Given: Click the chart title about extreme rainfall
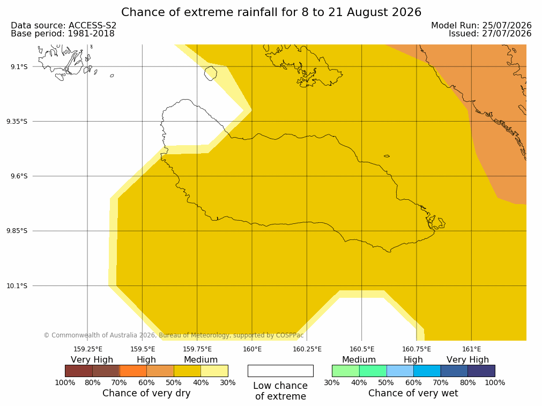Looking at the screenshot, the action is pos(271,12).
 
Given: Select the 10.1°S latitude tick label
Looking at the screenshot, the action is pos(17,286).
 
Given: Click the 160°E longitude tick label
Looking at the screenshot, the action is pos(252,349).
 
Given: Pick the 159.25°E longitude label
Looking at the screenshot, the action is pos(88,349).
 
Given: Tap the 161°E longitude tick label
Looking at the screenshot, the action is pos(471,349).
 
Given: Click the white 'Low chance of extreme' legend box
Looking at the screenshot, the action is pos(281,371).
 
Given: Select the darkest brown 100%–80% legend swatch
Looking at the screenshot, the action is pos(79,371).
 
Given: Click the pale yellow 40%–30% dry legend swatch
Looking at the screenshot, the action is pos(214,371).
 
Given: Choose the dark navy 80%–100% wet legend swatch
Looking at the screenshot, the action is pos(481,371).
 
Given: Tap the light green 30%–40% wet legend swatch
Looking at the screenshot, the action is pos(346,371).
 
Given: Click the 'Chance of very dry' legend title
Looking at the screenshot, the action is pos(146,393).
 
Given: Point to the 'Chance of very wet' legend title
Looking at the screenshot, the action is pos(413,393).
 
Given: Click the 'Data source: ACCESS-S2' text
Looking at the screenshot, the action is pos(64,26).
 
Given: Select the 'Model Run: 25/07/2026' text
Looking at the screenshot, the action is pos(481,26).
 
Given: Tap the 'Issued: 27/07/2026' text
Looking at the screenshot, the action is pos(490,34).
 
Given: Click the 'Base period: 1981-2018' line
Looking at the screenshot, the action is pos(63,34).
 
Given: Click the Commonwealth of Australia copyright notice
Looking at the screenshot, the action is pos(174,335).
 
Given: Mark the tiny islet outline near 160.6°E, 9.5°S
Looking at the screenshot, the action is pos(387,156).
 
